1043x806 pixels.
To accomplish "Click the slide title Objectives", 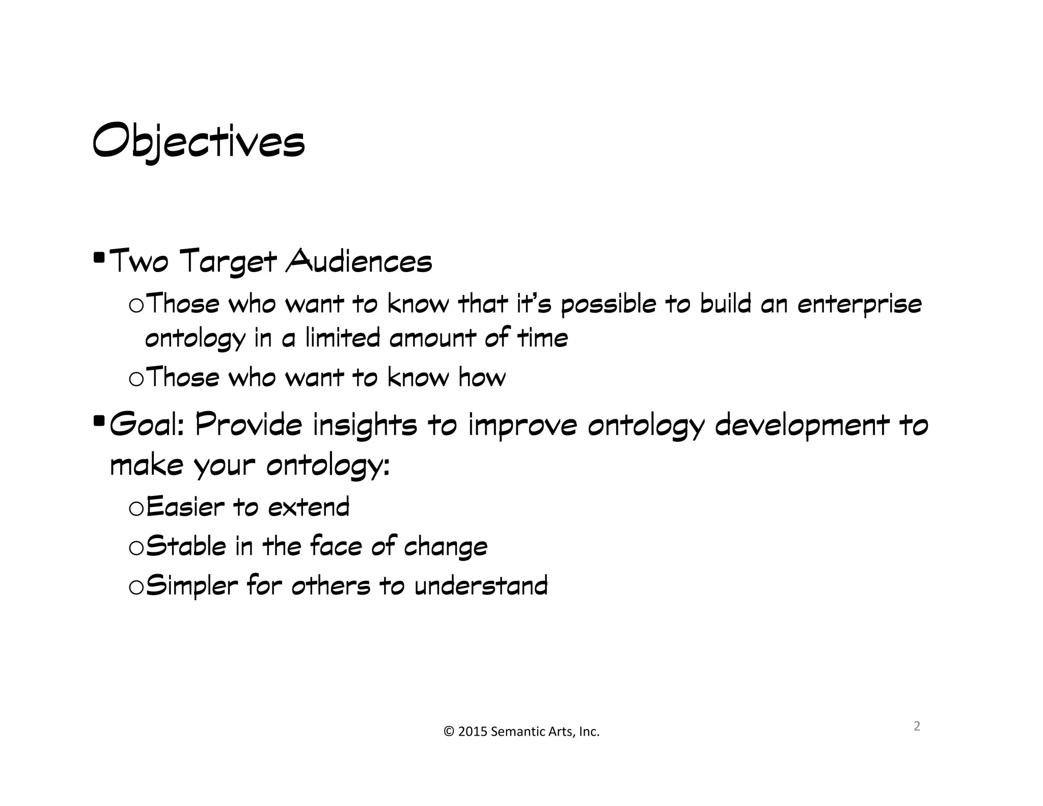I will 198,141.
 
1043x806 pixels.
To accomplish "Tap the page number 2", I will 917,726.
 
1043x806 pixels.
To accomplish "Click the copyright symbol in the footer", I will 449,732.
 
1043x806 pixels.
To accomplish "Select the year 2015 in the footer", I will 473,732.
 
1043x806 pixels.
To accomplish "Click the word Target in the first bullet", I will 229,262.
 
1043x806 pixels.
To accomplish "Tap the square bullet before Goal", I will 99,420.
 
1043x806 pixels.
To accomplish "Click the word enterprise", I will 859,305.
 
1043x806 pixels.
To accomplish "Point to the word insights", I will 365,425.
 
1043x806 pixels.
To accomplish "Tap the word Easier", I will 185,507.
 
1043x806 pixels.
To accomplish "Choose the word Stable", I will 186,546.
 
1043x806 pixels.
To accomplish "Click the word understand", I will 481,585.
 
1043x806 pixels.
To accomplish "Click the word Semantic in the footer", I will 516,732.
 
